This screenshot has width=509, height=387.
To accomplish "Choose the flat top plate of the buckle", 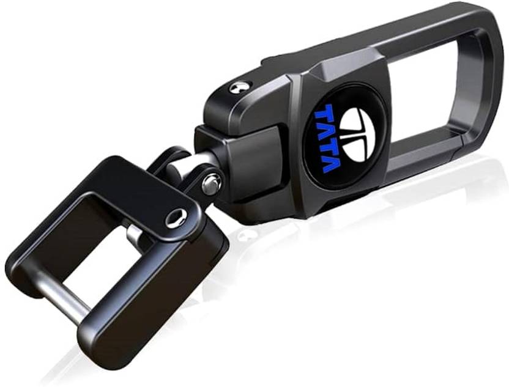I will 122,183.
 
